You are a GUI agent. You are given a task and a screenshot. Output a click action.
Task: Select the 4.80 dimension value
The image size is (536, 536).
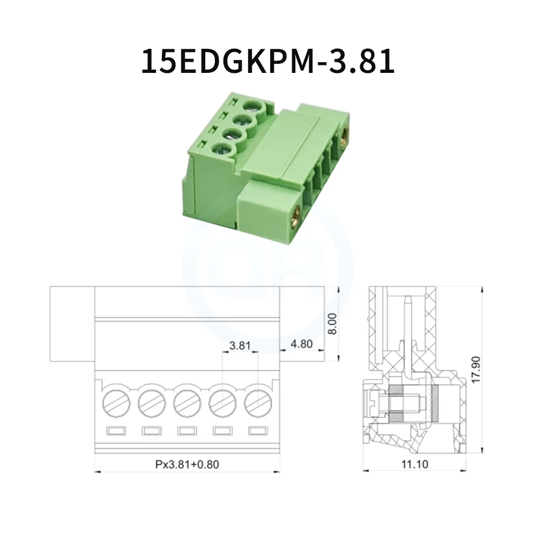[x=301, y=344]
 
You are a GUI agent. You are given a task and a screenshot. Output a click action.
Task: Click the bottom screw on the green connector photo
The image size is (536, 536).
[x=220, y=151]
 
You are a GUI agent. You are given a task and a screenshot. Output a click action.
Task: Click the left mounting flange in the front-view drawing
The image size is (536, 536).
[x=72, y=324]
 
